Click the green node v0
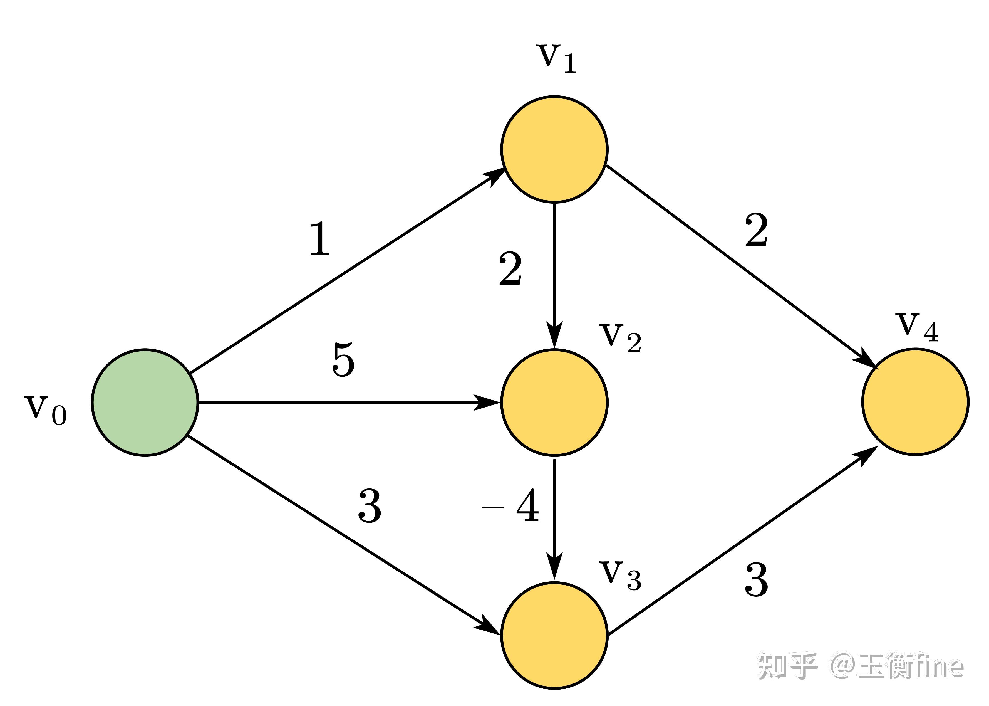click(145, 402)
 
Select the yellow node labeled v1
click(554, 149)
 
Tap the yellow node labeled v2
click(554, 403)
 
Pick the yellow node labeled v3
click(554, 635)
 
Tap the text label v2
click(620, 338)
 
